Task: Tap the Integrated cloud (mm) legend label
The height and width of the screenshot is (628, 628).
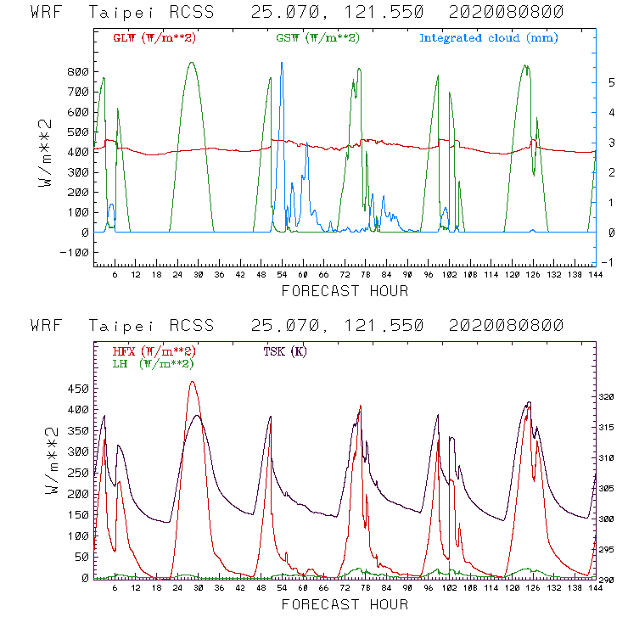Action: [x=489, y=38]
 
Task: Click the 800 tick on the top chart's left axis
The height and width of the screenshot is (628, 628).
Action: [x=79, y=71]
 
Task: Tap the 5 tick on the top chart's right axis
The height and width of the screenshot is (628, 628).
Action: [x=600, y=82]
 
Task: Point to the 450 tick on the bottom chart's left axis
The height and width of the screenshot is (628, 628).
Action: [x=79, y=389]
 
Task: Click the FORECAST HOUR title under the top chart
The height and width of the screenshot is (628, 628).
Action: [x=345, y=291]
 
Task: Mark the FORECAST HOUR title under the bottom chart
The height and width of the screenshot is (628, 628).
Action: [x=345, y=604]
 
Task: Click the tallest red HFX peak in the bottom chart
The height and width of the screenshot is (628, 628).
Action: [x=193, y=382]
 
